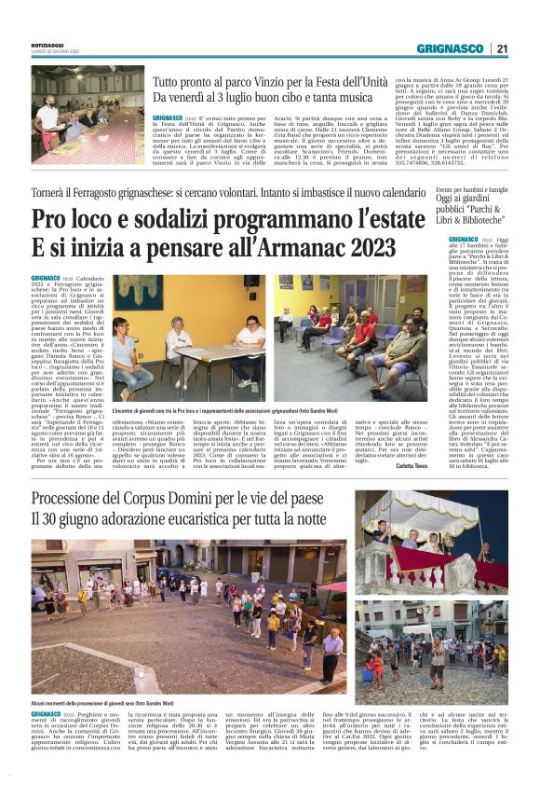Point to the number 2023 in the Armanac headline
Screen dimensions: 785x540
pos(371,248)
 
